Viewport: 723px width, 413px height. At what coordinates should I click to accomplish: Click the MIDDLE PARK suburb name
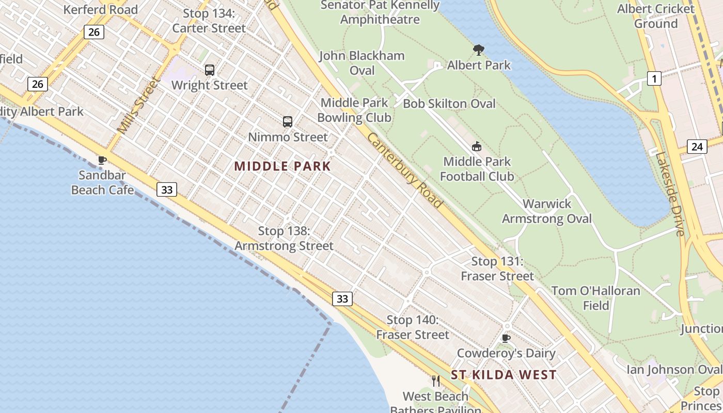(282, 166)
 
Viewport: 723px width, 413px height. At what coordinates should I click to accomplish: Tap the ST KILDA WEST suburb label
(504, 375)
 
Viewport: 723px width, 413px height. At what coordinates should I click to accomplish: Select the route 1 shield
(654, 78)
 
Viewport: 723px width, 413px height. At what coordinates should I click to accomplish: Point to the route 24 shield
(697, 147)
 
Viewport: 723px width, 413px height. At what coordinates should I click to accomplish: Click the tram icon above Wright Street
(209, 70)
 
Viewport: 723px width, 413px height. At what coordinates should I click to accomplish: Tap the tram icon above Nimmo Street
(288, 122)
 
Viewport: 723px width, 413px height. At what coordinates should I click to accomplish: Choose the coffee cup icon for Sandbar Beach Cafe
(102, 160)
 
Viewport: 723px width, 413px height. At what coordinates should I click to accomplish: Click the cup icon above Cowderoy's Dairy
(506, 338)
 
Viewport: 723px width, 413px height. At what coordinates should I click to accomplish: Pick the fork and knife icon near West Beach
(436, 381)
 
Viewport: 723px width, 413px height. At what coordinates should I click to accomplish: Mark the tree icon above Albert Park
(478, 50)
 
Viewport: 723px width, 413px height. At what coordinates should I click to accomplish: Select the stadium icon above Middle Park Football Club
(476, 147)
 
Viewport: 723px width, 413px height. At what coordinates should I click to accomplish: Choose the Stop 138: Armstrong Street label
(284, 239)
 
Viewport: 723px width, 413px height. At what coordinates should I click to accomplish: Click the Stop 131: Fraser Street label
(497, 269)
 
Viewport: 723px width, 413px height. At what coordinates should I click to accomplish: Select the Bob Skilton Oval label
(449, 104)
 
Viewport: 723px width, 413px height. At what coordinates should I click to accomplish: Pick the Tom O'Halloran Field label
(595, 298)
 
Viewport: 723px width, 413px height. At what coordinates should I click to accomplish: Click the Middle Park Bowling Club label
(354, 110)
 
